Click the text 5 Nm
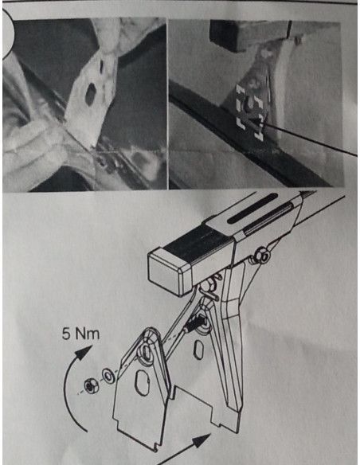[80, 334]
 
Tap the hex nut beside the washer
[89, 385]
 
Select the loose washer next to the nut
[108, 376]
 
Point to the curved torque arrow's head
[84, 352]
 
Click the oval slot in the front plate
[142, 382]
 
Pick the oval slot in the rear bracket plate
[198, 350]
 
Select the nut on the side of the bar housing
[262, 255]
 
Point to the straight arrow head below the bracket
[202, 440]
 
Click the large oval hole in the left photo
[90, 94]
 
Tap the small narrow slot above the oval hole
[102, 68]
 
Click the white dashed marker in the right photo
[249, 112]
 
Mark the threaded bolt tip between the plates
[196, 324]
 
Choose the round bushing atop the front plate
[146, 351]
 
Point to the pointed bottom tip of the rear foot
[236, 432]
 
